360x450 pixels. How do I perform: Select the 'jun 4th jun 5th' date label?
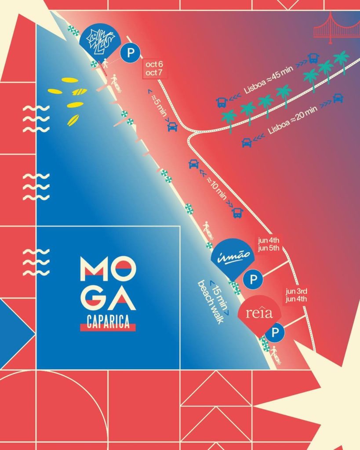tap(267, 244)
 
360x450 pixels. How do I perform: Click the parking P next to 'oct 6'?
tap(131, 53)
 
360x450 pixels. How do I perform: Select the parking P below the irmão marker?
tap(253, 279)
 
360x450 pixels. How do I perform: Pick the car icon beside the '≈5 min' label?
tap(173, 127)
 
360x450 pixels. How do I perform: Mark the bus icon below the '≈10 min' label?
tap(238, 213)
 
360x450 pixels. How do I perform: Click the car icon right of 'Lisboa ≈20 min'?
tap(338, 98)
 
